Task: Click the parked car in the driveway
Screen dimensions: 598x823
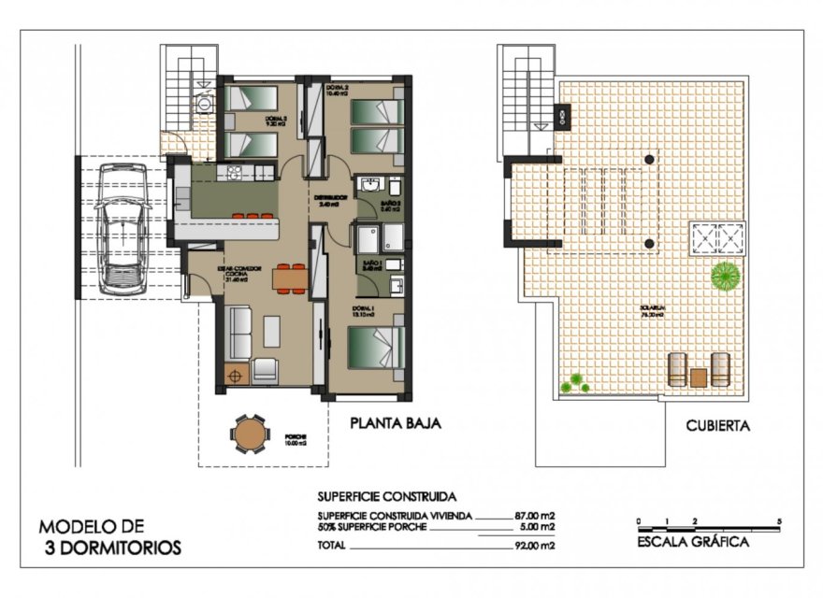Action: (x=123, y=225)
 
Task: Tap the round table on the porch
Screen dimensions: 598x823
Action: (x=249, y=434)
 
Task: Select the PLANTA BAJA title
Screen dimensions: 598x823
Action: (x=395, y=422)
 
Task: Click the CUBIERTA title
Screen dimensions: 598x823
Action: (x=717, y=425)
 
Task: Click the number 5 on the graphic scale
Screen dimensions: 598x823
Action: (x=778, y=520)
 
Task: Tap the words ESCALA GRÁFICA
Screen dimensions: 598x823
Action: (x=692, y=542)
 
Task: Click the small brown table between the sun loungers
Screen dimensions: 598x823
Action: (x=698, y=377)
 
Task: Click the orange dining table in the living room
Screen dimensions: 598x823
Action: (x=289, y=278)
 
